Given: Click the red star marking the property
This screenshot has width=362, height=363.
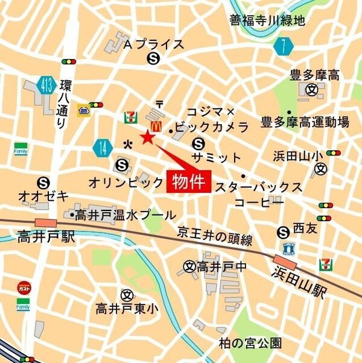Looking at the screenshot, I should [147, 137].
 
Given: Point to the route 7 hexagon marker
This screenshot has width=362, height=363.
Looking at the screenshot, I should [282, 46].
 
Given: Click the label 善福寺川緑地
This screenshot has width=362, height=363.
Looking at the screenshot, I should [267, 21].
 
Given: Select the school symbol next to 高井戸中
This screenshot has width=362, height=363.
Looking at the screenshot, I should [189, 265].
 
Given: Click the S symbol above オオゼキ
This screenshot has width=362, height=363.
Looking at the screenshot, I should [43, 181].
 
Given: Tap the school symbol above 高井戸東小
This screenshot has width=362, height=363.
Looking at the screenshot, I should [126, 295].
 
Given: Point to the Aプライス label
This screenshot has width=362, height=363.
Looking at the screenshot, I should [153, 44].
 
